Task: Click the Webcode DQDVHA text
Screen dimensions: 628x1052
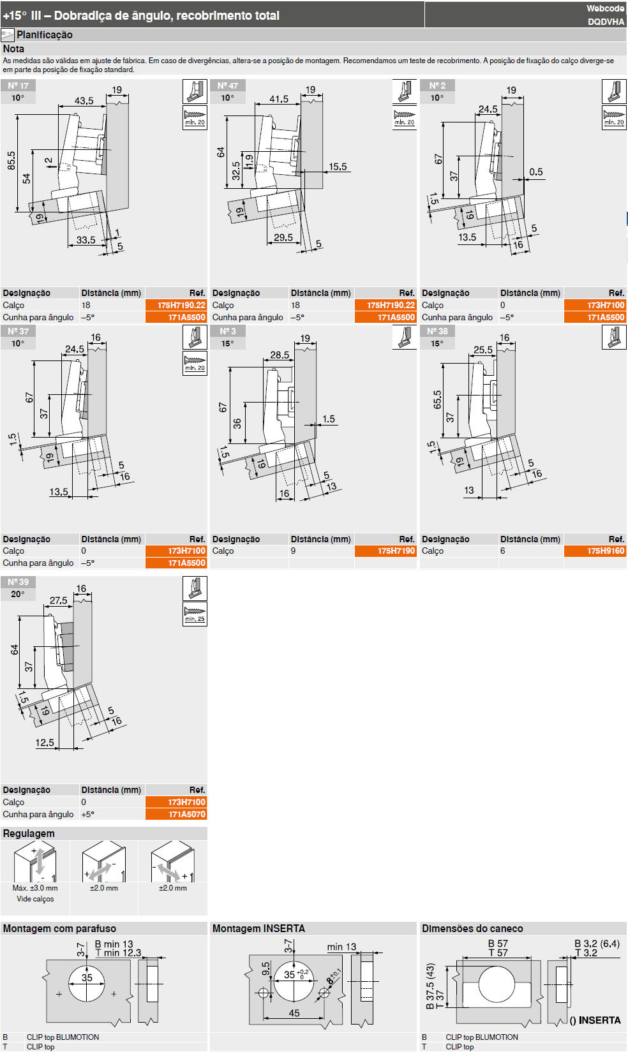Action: (606, 15)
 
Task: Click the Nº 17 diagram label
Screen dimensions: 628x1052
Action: (19, 85)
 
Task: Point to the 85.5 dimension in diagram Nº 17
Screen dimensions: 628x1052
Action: (11, 160)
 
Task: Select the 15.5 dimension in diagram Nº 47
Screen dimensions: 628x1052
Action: (338, 167)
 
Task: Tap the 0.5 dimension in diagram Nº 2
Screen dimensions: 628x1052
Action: (536, 172)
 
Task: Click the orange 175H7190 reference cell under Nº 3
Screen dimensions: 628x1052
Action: (385, 551)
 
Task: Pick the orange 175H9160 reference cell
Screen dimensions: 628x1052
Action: (595, 551)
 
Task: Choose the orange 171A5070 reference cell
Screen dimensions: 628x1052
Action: (176, 815)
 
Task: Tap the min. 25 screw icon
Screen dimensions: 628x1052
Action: (195, 614)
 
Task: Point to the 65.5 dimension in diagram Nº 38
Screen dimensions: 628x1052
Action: (437, 399)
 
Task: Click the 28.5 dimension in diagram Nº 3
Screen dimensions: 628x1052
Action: (280, 355)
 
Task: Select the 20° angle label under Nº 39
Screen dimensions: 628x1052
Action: (18, 594)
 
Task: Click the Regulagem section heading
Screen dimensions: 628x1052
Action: (29, 834)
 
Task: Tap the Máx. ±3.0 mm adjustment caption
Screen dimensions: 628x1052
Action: (35, 888)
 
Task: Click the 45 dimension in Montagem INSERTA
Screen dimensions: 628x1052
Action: (294, 1013)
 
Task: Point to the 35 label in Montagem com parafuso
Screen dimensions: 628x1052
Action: (87, 978)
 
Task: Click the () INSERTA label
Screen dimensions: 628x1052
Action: (595, 1021)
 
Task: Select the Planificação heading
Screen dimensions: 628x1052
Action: (45, 34)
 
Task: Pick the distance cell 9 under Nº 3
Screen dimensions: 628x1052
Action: (293, 551)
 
